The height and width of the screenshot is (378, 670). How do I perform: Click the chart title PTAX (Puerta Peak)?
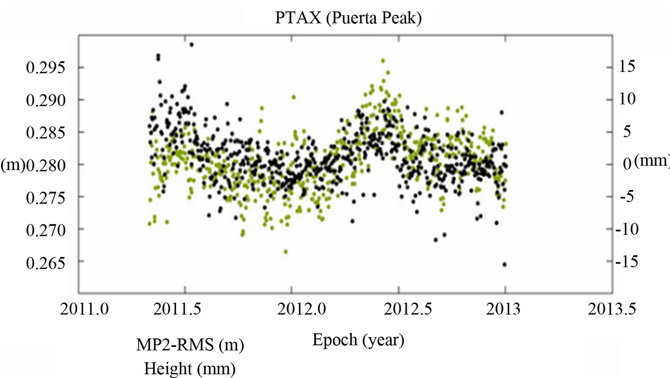click(x=348, y=18)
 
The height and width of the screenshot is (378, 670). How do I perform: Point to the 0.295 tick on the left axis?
click(x=46, y=67)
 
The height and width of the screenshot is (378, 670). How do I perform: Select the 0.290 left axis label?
click(x=46, y=100)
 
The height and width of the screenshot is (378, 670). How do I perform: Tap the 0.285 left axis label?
click(x=46, y=133)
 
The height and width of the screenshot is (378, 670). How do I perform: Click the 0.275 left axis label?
click(x=46, y=198)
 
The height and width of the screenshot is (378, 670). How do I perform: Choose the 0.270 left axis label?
click(x=46, y=230)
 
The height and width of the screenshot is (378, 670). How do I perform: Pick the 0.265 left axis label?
click(x=46, y=263)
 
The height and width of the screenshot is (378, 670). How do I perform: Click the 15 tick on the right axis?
click(x=627, y=66)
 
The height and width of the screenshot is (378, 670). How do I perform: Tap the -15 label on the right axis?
click(x=627, y=261)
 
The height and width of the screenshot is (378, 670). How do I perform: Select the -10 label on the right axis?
click(x=627, y=229)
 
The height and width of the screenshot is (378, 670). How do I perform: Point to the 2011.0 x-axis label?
click(x=84, y=309)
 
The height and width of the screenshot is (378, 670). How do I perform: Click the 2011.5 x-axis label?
click(x=177, y=309)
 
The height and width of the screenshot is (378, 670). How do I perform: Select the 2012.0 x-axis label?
click(x=301, y=309)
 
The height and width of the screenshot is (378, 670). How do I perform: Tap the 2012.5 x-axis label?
click(x=408, y=309)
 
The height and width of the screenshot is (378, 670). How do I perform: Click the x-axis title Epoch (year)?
click(x=358, y=340)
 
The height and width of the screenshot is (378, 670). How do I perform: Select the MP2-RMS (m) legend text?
click(x=190, y=345)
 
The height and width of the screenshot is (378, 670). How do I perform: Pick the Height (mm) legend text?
click(x=190, y=368)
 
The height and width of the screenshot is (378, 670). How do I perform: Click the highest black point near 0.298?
click(x=191, y=45)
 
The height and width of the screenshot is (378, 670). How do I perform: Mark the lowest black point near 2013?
click(x=504, y=264)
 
